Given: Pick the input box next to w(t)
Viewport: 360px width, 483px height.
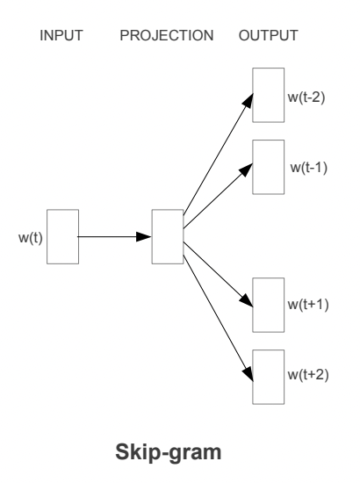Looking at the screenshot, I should pos(62,236).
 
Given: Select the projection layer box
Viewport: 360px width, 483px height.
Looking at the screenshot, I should pos(167,236).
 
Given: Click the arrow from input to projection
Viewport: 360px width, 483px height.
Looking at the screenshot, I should pos(114,236).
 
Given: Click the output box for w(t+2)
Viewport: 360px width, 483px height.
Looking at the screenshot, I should pos(269,375).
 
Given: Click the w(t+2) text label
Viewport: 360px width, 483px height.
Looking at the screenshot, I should pos(309,376).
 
